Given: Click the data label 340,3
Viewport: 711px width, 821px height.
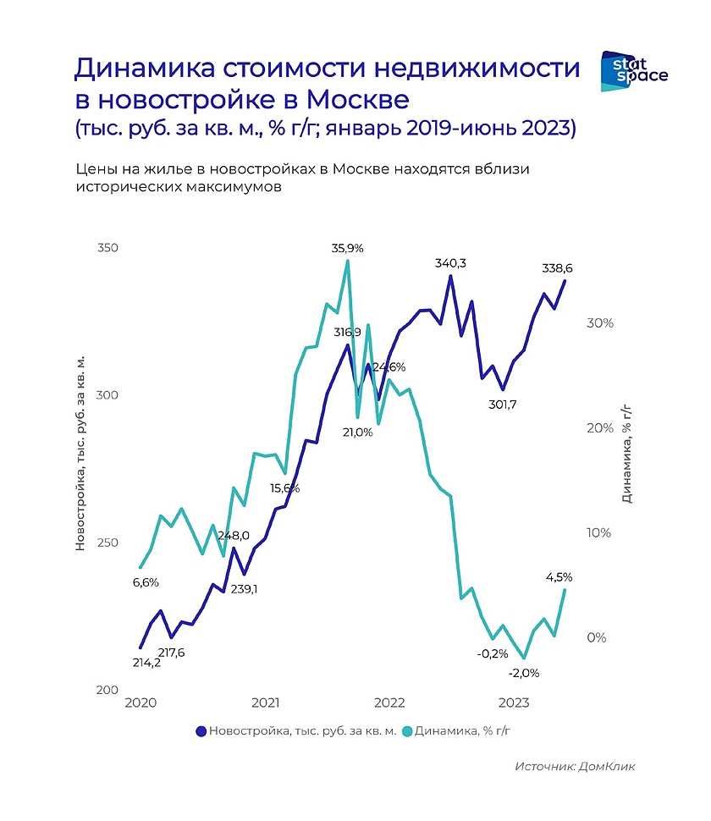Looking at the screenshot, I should pos(450,263).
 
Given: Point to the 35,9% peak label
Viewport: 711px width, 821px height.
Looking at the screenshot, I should pos(347,248).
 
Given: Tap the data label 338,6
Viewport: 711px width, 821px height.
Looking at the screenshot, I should pos(558,268).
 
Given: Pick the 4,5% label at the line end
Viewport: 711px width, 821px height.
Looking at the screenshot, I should pos(559,577).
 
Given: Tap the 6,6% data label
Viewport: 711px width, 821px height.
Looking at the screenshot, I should pos(145,582).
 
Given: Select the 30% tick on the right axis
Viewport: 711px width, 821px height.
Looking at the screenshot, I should pos(599,323).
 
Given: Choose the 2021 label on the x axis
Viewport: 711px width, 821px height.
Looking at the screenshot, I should pos(265,703).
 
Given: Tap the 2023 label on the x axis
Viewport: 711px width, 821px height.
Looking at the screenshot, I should pos(515,703).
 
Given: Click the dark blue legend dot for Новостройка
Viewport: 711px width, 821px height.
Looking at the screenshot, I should pos(201,730).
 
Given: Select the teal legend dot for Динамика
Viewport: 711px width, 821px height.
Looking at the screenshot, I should pos(408,730).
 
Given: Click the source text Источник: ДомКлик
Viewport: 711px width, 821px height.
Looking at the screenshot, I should pos(575,766).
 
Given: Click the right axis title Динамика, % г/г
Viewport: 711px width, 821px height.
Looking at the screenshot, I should pos(627,454).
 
